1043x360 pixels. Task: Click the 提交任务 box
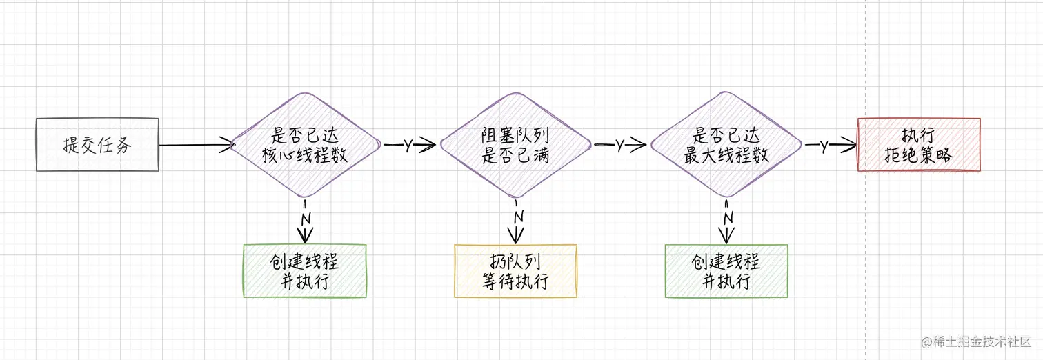[97, 145]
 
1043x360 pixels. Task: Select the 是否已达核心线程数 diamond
[305, 146]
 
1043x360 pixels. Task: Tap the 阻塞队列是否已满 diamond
[515, 146]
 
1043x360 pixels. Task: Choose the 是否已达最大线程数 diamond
[726, 146]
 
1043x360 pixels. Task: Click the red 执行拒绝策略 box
[918, 145]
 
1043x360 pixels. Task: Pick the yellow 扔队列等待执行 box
[515, 271]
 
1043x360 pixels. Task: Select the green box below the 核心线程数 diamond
[305, 271]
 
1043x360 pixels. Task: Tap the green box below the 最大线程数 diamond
[726, 271]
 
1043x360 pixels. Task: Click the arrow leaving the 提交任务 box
[197, 145]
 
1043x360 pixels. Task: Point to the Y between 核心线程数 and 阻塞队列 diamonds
[408, 146]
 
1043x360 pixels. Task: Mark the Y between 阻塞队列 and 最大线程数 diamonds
[619, 146]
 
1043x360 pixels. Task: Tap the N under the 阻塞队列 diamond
[518, 217]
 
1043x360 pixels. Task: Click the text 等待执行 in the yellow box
[515, 282]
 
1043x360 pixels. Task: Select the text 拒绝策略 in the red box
[918, 156]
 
